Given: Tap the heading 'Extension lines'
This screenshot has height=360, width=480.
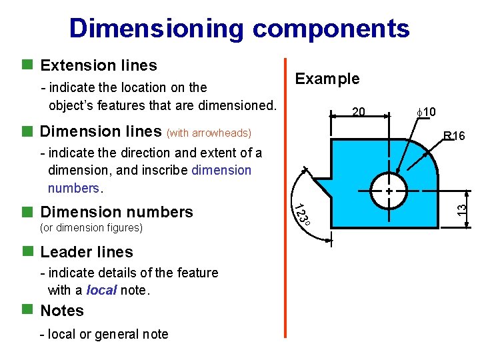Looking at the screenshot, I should click(99, 65).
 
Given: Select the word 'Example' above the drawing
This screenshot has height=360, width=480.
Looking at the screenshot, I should click(327, 79).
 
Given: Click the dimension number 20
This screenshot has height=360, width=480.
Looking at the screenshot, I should click(358, 111).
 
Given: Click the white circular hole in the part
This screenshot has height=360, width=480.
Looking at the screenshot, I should click(389, 191).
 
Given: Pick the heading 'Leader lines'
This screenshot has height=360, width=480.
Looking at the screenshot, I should click(87, 252).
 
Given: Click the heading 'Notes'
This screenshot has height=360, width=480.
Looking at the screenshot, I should click(62, 311).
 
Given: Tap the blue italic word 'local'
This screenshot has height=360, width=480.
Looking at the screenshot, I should click(101, 291).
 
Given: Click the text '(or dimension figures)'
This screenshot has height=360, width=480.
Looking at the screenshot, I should click(91, 228).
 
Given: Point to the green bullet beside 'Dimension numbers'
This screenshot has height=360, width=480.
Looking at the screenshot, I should click(27, 212).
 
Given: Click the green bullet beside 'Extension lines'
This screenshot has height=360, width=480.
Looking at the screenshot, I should click(27, 65).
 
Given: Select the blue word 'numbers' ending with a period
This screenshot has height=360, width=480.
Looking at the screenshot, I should click(74, 188).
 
